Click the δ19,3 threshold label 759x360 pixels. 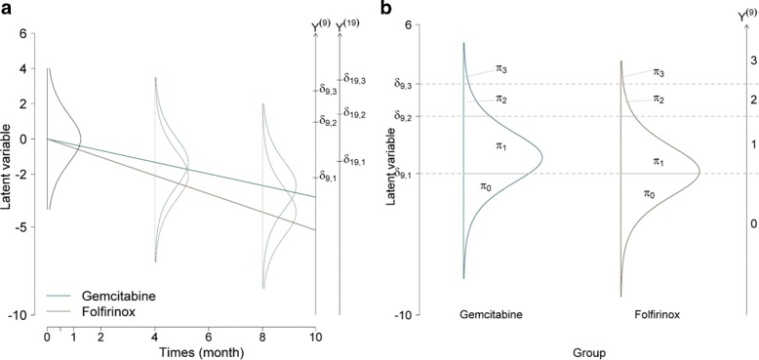[x=352, y=78]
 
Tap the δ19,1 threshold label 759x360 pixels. [x=352, y=159]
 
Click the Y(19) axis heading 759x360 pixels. [x=348, y=25]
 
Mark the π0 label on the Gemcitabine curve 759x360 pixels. [x=485, y=185]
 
